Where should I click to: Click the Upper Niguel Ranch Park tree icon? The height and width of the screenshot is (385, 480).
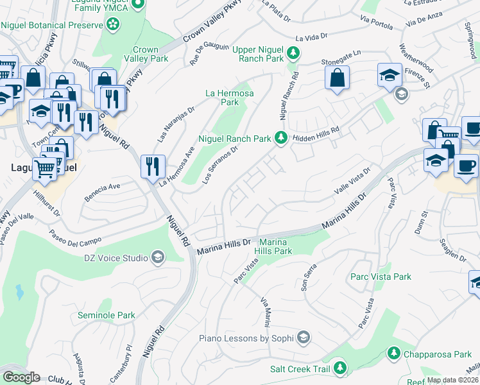tap(293, 52)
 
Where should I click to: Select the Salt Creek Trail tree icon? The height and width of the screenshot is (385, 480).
tap(340, 368)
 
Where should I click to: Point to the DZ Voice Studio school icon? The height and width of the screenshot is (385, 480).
tap(157, 258)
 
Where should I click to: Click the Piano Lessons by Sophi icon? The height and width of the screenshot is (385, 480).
tap(304, 338)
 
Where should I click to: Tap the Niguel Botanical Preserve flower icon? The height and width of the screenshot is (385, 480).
tap(113, 24)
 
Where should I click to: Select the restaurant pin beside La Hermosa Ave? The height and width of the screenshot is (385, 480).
tap(153, 167)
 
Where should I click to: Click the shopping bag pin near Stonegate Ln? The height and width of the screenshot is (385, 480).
tap(337, 78)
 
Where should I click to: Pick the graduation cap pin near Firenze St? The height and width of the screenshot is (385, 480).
tap(390, 75)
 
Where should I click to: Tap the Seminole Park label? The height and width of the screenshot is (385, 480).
tap(107, 315)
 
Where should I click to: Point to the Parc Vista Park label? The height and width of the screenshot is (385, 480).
tap(381, 277)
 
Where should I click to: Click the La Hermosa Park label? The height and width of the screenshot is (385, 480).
tap(229, 98)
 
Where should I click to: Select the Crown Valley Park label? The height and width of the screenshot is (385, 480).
tap(150, 54)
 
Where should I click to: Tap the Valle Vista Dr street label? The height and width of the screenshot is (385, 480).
tap(352, 181)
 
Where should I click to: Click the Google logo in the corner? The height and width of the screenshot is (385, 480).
tap(21, 377)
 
